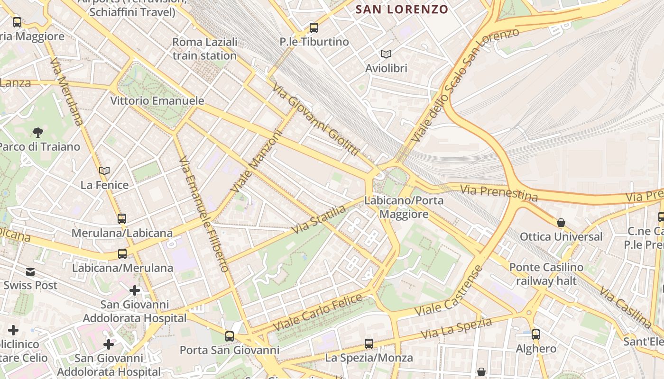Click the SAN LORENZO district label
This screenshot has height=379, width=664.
click(402, 9)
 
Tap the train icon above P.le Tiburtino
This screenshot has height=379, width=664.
click(314, 28)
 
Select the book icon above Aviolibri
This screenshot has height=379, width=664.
click(386, 54)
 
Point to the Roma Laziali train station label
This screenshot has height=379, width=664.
click(204, 49)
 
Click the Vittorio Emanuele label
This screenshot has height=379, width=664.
click(157, 101)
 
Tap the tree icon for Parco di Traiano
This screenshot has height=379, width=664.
click(38, 133)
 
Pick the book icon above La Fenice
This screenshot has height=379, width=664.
click(104, 171)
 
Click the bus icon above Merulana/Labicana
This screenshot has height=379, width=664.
click(122, 219)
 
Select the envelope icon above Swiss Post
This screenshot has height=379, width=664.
click(30, 272)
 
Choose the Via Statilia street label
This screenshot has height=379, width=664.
click(318, 219)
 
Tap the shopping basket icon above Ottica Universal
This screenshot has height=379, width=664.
click(561, 223)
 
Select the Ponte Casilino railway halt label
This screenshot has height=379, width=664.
click(546, 274)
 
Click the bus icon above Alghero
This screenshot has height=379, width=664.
click(536, 334)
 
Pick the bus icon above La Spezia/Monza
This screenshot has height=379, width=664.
click(369, 343)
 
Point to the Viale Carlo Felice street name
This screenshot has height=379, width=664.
click(318, 313)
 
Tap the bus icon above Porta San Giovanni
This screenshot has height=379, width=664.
click(230, 336)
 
